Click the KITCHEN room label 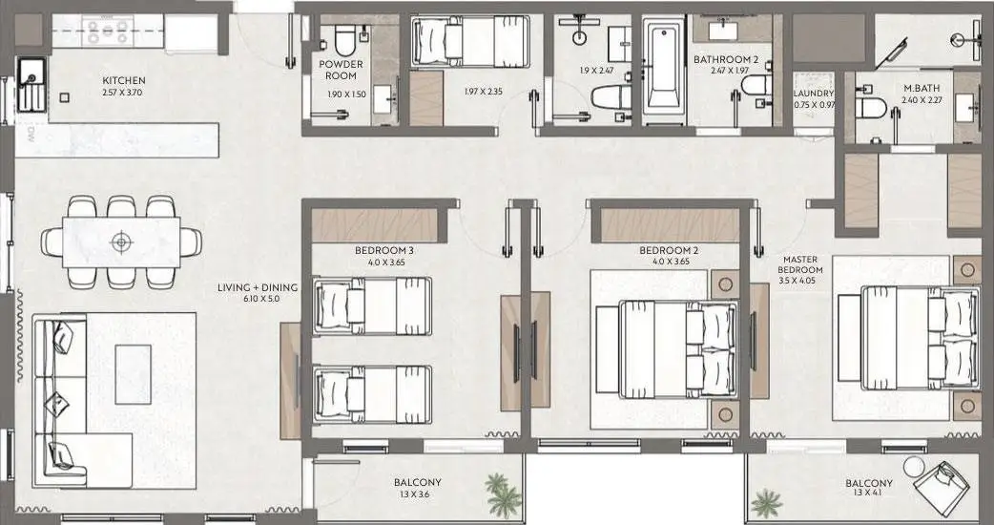click(x=124, y=80)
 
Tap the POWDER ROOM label click(x=341, y=70)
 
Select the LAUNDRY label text click(x=814, y=94)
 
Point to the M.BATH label click(x=922, y=88)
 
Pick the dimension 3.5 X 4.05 click(x=800, y=280)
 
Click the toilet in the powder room click(x=344, y=41)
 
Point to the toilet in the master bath click(x=870, y=109)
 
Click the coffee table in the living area click(x=134, y=374)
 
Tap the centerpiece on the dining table click(x=120, y=241)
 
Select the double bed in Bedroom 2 click(x=678, y=348)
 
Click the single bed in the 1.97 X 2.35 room click(x=469, y=41)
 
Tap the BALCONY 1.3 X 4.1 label click(x=868, y=488)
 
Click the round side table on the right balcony click(x=915, y=467)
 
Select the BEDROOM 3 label click(x=384, y=250)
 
